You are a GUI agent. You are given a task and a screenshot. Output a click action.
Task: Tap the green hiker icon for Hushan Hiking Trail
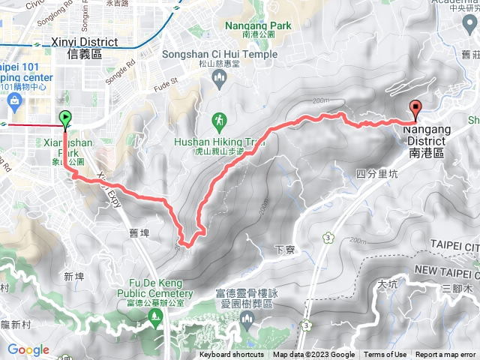(219, 120)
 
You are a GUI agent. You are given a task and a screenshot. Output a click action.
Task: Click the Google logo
(28, 349)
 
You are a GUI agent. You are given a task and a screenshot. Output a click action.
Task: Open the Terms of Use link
(385, 355)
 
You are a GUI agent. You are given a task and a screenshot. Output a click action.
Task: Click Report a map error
(447, 355)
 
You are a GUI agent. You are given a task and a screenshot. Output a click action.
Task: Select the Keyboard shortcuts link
(232, 355)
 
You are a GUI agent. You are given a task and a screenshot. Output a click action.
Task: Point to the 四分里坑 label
(375, 173)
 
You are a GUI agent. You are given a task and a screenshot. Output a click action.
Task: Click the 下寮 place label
(283, 249)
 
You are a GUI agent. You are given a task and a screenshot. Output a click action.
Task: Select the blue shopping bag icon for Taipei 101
(13, 100)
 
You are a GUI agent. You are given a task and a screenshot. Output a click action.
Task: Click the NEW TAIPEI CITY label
(446, 269)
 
